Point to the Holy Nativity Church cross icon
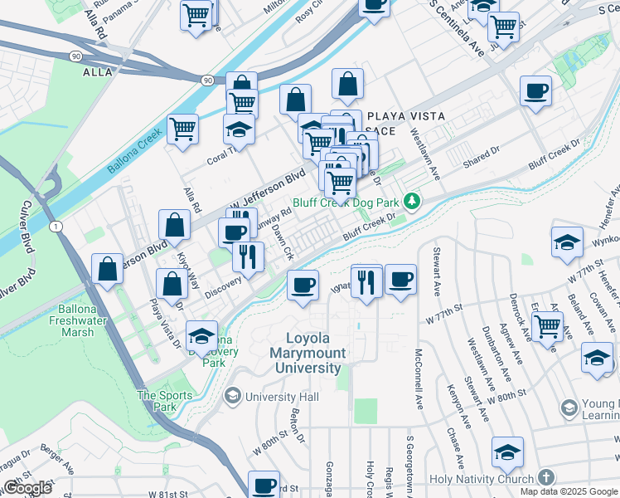click(545, 478)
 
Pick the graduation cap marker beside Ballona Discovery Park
click(201, 335)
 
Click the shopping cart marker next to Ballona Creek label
click(182, 129)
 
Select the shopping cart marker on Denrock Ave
click(547, 326)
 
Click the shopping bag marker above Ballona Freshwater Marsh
click(108, 268)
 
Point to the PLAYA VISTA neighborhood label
click(406, 116)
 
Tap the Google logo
click(27, 488)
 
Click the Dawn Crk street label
click(283, 241)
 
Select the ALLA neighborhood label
click(98, 72)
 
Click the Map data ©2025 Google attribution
click(568, 491)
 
